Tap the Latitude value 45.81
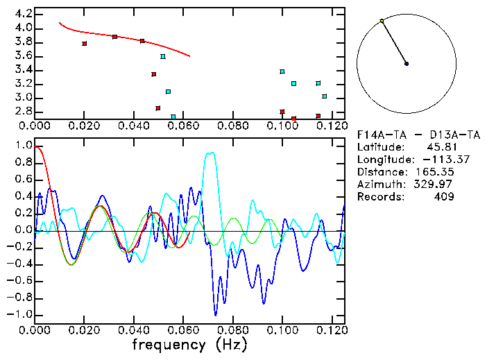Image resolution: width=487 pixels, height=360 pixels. pos(441,147)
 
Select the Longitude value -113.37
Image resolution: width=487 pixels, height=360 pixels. pos(433,160)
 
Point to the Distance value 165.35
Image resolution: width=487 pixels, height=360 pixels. pos(439,172)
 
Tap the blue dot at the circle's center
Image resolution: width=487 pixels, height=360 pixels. pos(407,64)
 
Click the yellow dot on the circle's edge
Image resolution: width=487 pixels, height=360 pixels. pos(382,21)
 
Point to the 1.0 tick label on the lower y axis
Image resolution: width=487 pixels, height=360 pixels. pos(23,146)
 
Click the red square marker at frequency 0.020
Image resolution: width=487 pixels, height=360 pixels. pos(84,44)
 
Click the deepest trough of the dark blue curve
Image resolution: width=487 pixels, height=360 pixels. pos(216,315)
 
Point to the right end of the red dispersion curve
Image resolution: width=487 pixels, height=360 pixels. pos(189,56)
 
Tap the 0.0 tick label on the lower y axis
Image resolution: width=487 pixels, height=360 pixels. pos(23,230)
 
